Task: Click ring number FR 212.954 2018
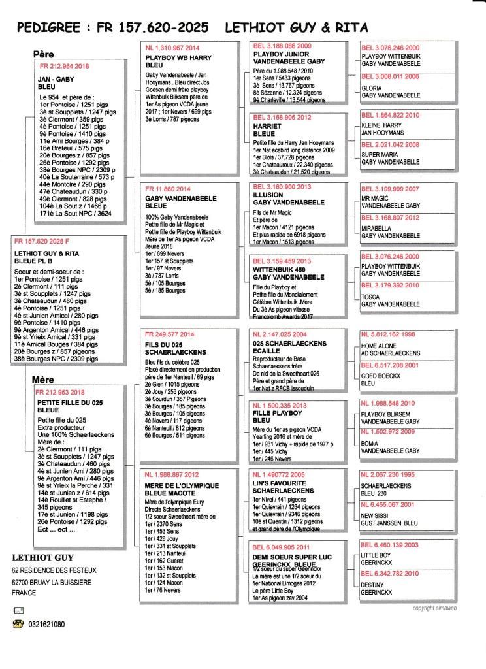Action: pos(65,67)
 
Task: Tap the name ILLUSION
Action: pos(268,195)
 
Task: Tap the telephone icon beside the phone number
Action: pos(18,624)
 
